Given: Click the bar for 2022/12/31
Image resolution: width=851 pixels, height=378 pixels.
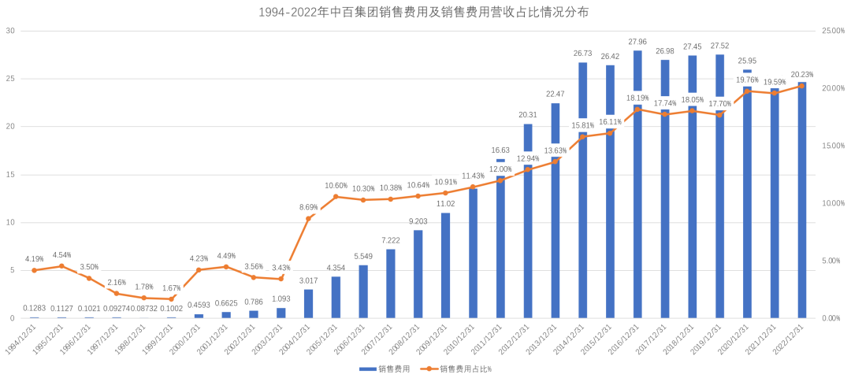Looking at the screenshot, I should (x=802, y=200).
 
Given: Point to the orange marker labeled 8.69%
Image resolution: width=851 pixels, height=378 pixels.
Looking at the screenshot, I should (x=308, y=218).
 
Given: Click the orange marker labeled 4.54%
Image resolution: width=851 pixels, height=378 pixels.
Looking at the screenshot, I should (x=61, y=266).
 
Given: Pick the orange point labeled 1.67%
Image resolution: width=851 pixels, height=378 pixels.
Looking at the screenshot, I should (x=171, y=299).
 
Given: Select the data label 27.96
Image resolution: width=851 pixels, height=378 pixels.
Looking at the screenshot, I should (x=637, y=42).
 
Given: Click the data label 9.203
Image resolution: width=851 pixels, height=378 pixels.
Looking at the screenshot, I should (x=418, y=221).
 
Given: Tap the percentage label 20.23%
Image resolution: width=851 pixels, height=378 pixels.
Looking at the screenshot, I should (x=802, y=75).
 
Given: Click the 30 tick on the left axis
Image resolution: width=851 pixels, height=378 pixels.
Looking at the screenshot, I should (x=10, y=31).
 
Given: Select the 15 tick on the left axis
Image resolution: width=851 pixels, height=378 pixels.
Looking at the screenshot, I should (x=10, y=175).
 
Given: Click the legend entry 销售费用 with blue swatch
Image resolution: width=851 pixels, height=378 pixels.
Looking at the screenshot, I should (x=385, y=369).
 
